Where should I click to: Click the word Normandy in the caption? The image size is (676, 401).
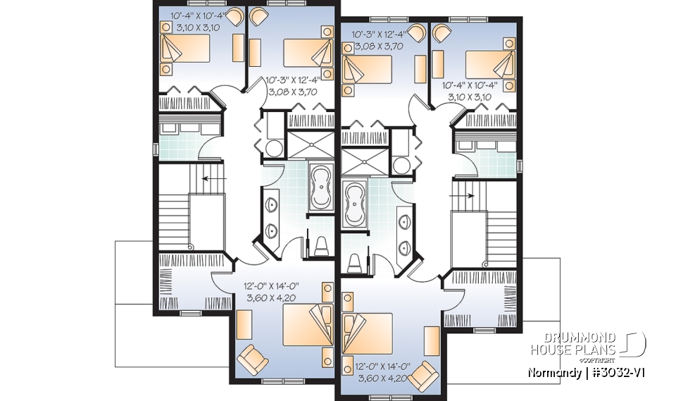[553, 371]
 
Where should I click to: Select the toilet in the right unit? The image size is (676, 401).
[354, 262]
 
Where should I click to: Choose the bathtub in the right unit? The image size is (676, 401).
[354, 204]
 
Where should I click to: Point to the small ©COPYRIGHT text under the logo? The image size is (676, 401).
[602, 359]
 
